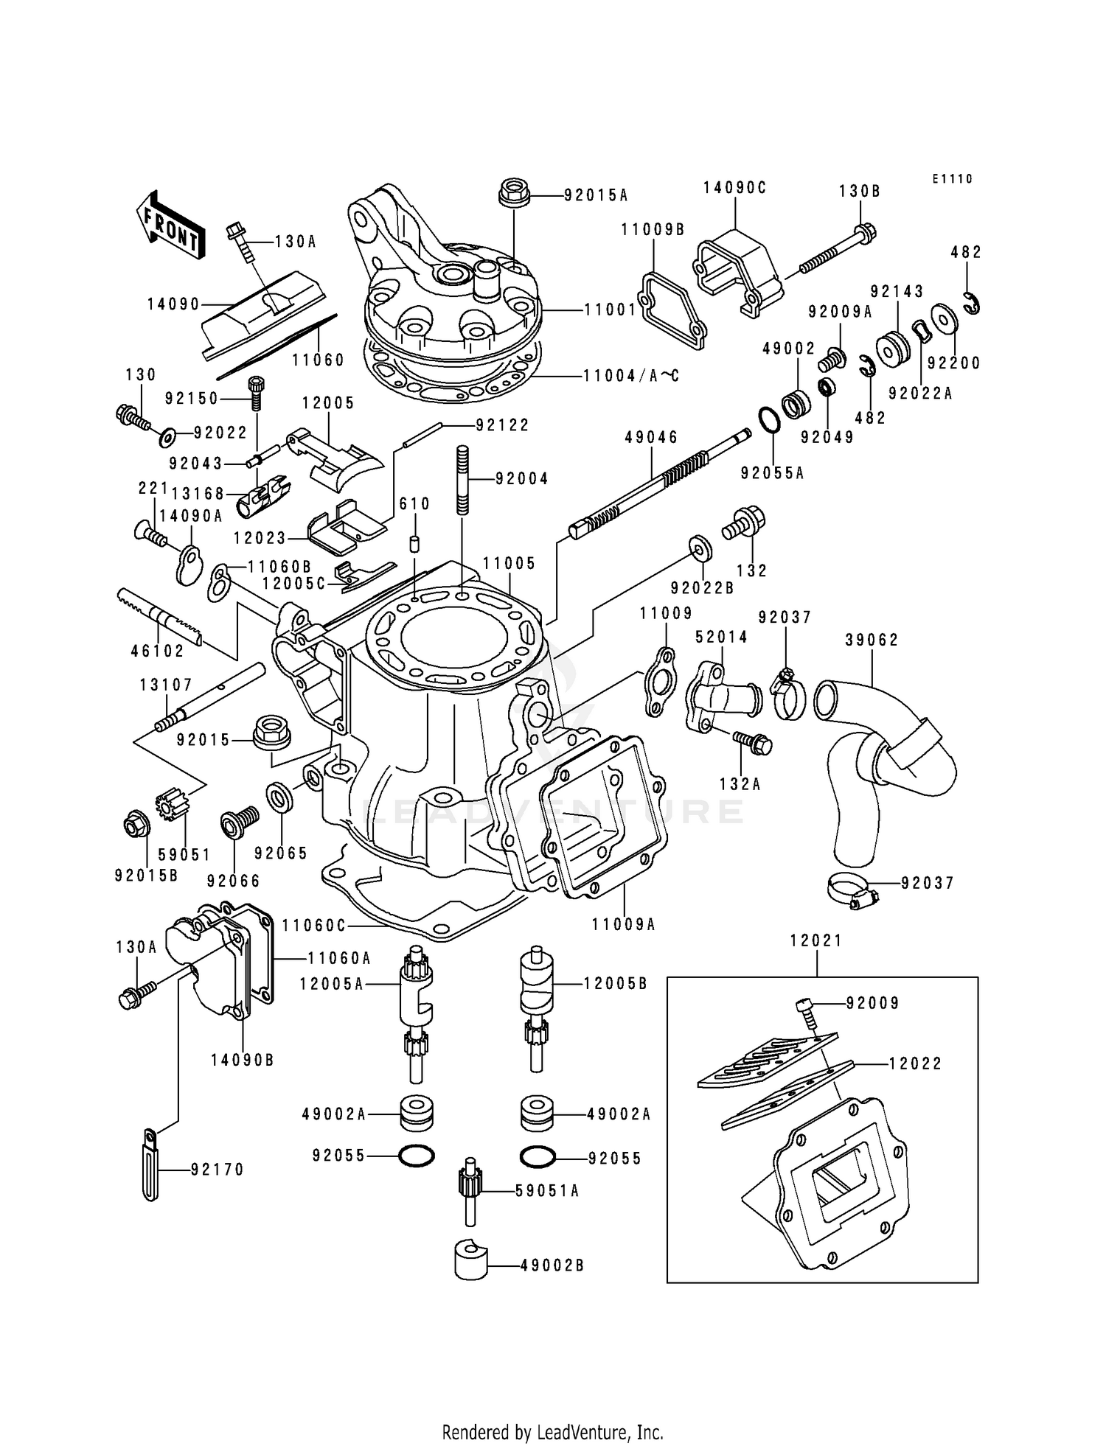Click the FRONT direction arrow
(x=168, y=226)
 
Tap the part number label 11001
(x=610, y=310)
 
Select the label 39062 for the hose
(x=872, y=640)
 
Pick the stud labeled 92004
(x=463, y=481)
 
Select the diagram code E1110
(x=952, y=179)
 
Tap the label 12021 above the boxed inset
(x=816, y=940)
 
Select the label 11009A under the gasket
(x=624, y=923)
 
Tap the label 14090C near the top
(x=734, y=188)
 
